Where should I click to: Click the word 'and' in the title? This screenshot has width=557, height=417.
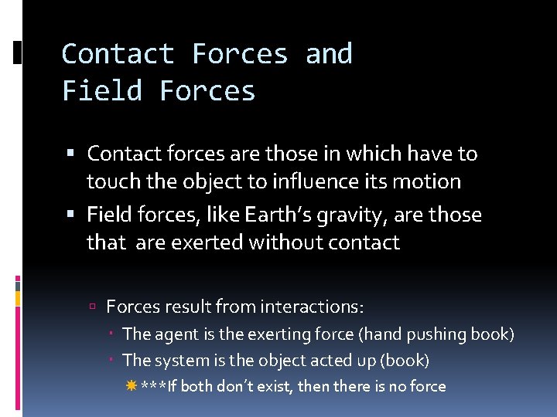[x=329, y=54]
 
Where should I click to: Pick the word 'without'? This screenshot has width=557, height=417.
[x=285, y=242]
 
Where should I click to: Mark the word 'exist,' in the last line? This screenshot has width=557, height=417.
[x=275, y=386]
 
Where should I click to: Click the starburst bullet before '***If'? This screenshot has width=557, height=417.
[x=130, y=386]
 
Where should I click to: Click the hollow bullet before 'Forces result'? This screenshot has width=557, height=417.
[x=92, y=307]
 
